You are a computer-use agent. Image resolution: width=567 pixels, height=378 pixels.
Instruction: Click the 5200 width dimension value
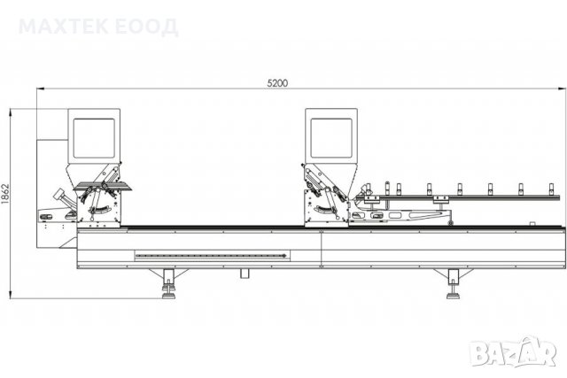coord(277,83)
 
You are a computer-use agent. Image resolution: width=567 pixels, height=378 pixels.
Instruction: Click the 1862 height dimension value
coord(5,194)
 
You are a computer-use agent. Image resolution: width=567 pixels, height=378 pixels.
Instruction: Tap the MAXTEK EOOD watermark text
coord(98,27)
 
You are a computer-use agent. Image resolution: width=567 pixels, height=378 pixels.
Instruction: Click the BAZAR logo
coord(513,351)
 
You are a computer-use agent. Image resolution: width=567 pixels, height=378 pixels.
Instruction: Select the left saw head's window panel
coord(94,138)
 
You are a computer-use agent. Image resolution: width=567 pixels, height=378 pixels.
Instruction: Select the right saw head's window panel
coord(331,138)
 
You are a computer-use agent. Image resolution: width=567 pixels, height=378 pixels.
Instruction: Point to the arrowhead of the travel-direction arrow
coord(284,256)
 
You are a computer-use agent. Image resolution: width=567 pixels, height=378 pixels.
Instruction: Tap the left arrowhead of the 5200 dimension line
coord(39,89)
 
